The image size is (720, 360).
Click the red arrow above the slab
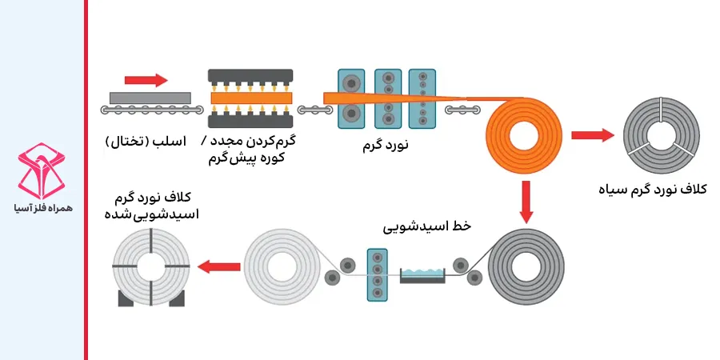(146, 80)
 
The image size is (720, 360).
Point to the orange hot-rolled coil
(525, 127)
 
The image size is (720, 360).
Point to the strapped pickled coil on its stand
(153, 266)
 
